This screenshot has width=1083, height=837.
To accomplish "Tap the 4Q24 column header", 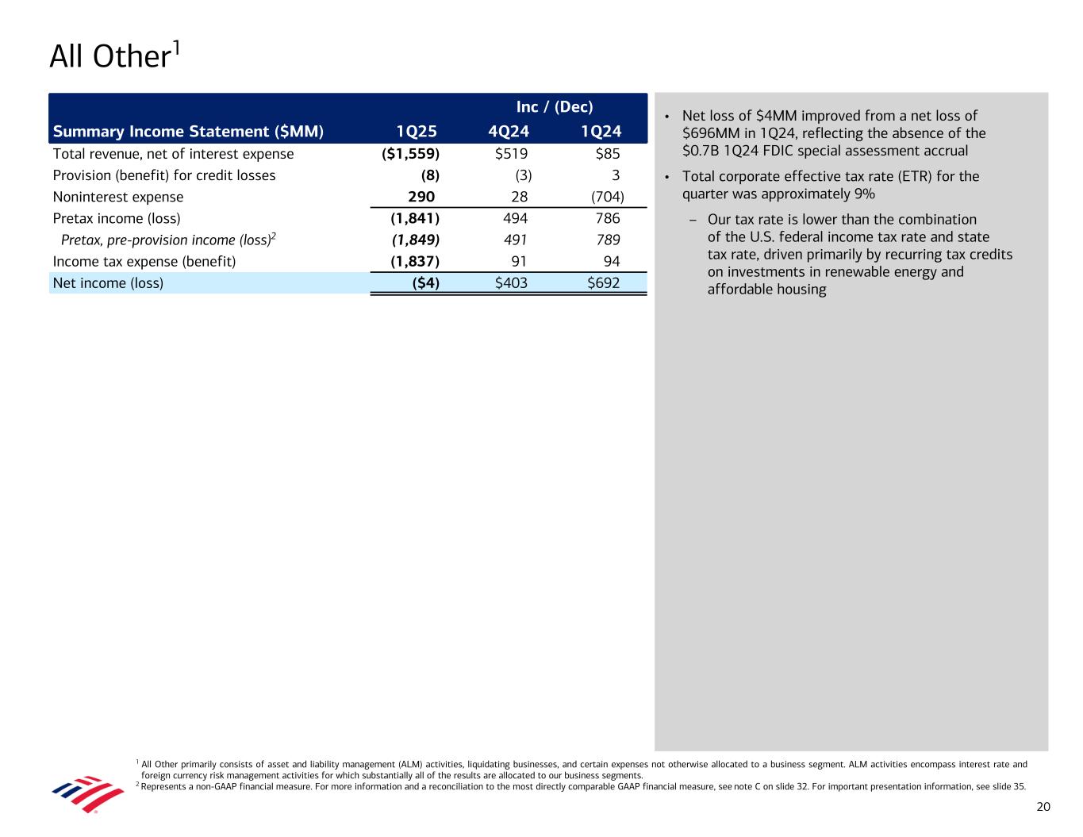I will click(509, 132).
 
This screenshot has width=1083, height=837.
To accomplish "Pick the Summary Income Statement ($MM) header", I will click(188, 132).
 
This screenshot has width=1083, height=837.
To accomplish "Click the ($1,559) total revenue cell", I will click(410, 154).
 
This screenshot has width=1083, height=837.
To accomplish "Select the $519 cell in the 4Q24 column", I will click(511, 154).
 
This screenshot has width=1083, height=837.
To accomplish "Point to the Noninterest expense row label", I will click(118, 197).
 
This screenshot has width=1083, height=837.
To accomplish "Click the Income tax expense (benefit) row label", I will click(144, 261).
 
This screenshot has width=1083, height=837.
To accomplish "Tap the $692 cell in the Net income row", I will click(603, 282).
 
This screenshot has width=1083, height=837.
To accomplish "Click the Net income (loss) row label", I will click(108, 282).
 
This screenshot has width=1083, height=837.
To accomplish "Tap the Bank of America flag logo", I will click(87, 793).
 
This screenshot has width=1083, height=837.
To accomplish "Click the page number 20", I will click(1043, 807).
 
